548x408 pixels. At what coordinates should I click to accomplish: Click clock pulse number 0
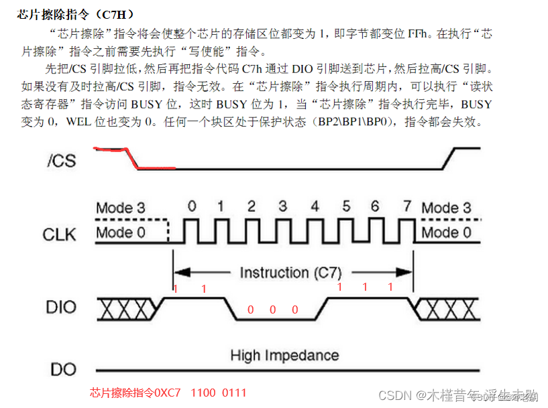pyautogui.click(x=191, y=207)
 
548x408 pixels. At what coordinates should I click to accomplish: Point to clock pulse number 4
pyautogui.click(x=315, y=207)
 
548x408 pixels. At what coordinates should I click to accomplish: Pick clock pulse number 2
pyautogui.click(x=252, y=207)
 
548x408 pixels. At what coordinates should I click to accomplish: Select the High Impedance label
pyautogui.click(x=284, y=355)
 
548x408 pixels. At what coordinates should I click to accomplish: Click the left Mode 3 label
pyautogui.click(x=120, y=208)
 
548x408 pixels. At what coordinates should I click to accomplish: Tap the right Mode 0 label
pyautogui.click(x=446, y=233)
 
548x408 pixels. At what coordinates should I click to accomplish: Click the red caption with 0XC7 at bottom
pyautogui.click(x=168, y=393)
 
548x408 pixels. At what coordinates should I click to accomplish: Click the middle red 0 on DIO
pyautogui.click(x=272, y=310)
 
